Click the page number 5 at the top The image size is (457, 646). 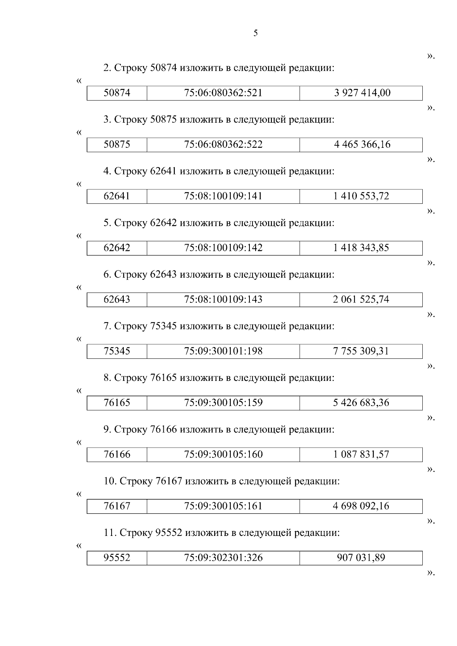click(256, 34)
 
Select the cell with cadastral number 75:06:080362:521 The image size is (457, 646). click(223, 93)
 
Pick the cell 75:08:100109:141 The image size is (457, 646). click(223, 196)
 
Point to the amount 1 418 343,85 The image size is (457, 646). click(361, 248)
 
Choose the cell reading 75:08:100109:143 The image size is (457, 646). click(223, 299)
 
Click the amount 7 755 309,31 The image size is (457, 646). click(361, 351)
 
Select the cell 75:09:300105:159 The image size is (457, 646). click(223, 403)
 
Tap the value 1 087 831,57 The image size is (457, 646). click(361, 454)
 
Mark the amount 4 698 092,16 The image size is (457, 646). click(361, 506)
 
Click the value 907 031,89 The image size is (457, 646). click(361, 558)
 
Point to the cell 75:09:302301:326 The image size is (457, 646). click(223, 558)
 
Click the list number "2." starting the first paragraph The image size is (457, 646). click(107, 68)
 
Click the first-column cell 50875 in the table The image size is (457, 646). click(117, 145)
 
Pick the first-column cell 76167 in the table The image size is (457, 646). click(117, 506)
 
